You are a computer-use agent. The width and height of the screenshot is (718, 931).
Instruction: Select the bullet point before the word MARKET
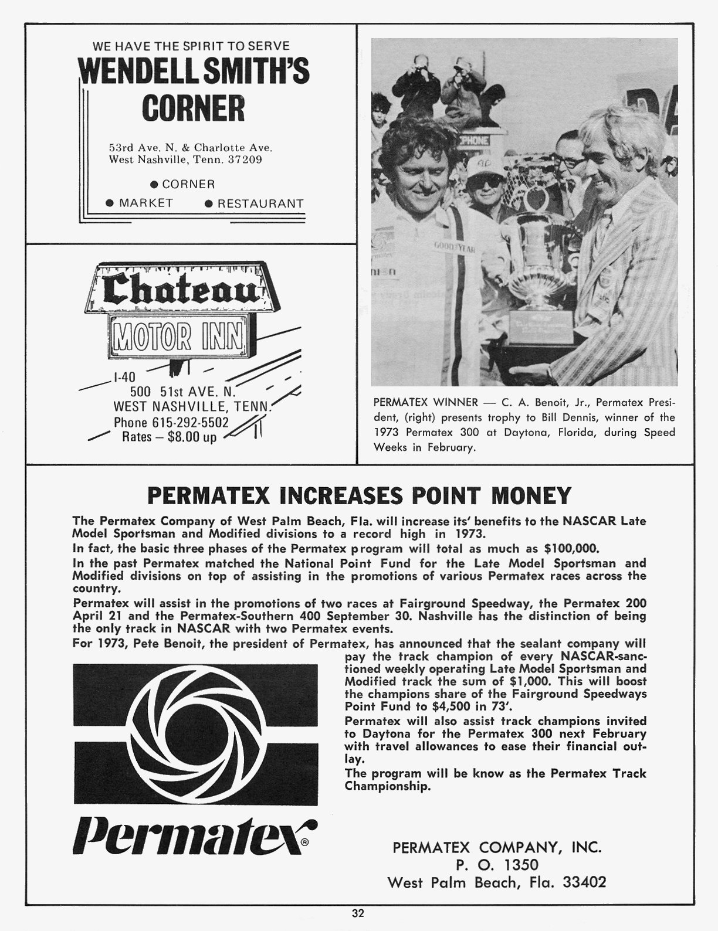point(109,203)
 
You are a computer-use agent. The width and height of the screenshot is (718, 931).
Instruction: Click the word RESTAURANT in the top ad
point(260,203)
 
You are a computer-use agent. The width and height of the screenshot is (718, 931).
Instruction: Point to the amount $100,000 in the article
point(571,549)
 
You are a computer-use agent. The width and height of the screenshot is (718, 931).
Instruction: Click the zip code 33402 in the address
point(584,882)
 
